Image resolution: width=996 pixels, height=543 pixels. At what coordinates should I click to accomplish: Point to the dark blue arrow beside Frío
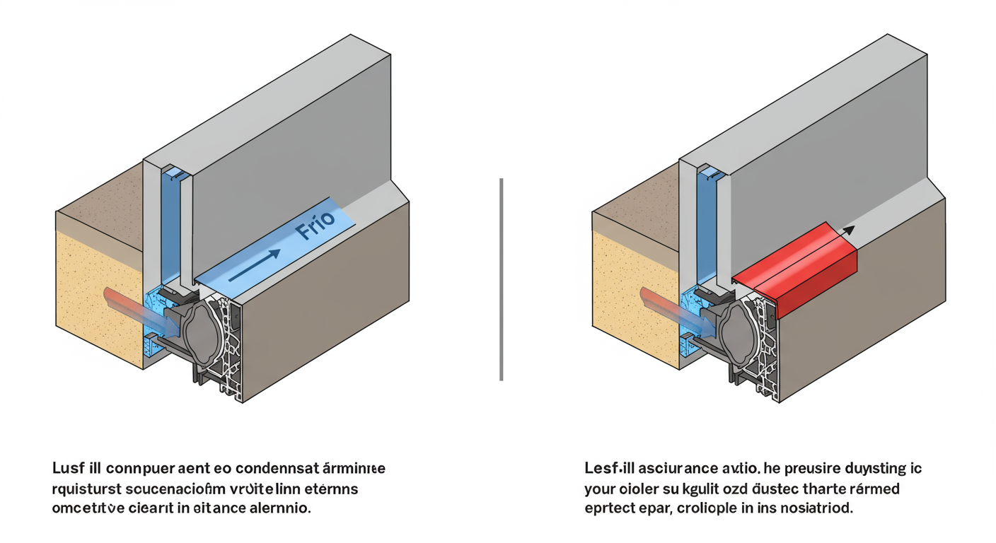point(255,263)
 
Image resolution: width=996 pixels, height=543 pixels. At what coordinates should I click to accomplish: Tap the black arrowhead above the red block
point(848,230)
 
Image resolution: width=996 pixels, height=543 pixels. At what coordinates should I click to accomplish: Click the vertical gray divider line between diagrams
point(501,279)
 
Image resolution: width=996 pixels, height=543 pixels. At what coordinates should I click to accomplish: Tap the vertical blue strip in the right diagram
point(705,226)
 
